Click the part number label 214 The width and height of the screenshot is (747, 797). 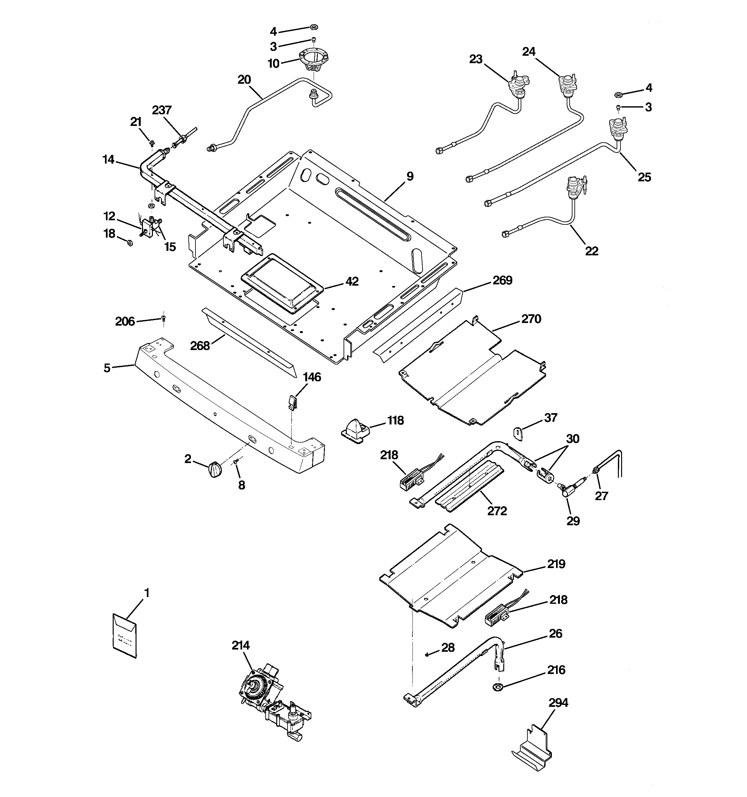click(241, 645)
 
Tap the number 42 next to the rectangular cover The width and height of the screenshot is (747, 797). click(352, 282)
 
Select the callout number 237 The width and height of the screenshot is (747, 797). click(162, 110)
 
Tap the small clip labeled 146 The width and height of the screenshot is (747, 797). click(293, 402)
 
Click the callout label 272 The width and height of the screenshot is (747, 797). click(497, 511)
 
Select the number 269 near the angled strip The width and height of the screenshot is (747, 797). click(502, 280)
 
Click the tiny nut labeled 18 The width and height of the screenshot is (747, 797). click(129, 242)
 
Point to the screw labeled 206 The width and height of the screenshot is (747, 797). click(164, 319)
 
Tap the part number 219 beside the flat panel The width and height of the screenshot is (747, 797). click(556, 564)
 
